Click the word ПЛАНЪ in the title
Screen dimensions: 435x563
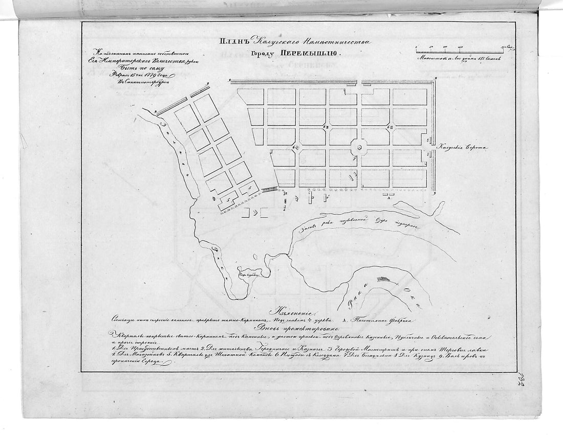pos(234,42)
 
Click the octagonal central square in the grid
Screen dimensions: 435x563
pos(359,147)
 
